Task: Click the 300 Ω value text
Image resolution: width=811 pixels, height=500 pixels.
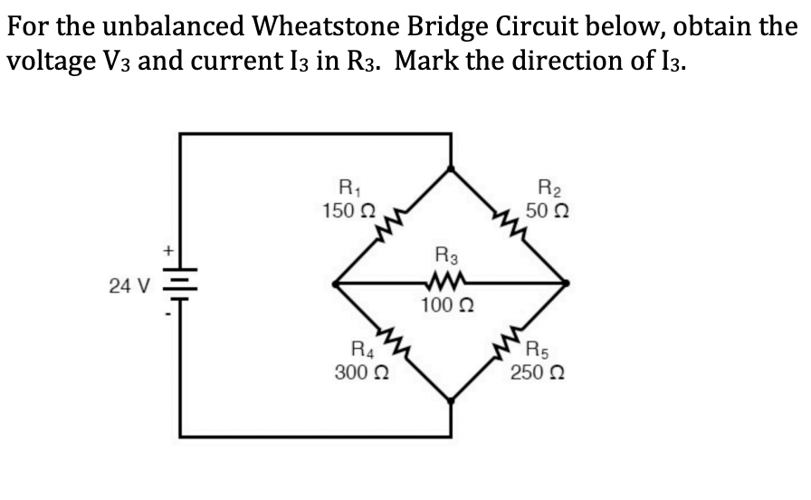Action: pyautogui.click(x=359, y=371)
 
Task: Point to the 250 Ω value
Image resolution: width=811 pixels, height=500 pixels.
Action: pyautogui.click(x=534, y=371)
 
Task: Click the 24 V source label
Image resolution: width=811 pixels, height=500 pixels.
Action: pyautogui.click(x=130, y=286)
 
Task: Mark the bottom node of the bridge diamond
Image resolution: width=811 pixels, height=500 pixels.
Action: pyautogui.click(x=451, y=399)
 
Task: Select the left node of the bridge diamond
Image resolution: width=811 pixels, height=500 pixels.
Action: pyautogui.click(x=336, y=284)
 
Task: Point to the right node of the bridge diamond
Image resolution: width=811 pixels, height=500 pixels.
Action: pyautogui.click(x=567, y=284)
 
